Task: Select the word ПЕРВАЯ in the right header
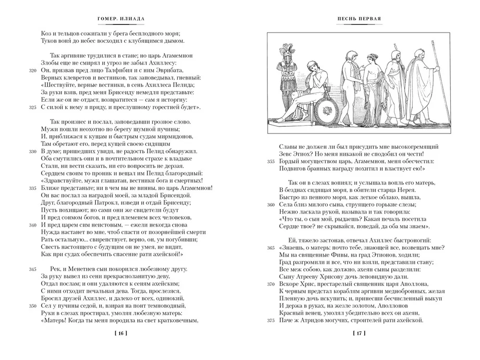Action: click(x=372, y=19)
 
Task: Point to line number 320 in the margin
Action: click(x=32, y=70)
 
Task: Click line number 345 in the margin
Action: click(x=32, y=269)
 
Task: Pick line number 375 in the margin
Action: click(x=271, y=321)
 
